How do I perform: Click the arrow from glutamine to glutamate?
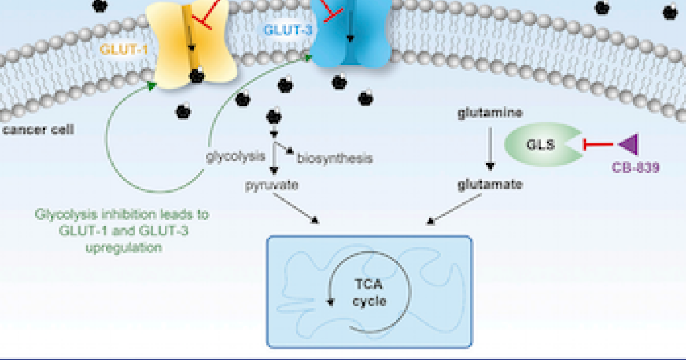(x=489, y=150)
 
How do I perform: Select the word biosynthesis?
(x=334, y=158)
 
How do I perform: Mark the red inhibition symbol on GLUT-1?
(x=205, y=14)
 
